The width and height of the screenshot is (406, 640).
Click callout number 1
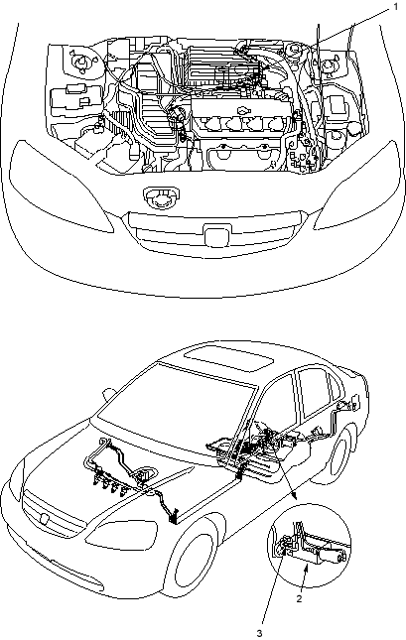[395, 7]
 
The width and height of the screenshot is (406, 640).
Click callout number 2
[300, 598]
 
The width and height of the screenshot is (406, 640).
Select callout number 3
[260, 633]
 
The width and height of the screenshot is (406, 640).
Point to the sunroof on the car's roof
[228, 358]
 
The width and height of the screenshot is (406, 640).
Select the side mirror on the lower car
[108, 393]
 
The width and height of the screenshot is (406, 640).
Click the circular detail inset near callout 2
[309, 546]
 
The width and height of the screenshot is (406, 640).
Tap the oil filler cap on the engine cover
[243, 110]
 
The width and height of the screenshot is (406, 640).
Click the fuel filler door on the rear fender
[354, 402]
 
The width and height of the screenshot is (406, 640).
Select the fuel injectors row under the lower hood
[109, 487]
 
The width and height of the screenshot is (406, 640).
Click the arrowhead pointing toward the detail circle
[294, 496]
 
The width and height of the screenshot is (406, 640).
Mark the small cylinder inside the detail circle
[335, 556]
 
